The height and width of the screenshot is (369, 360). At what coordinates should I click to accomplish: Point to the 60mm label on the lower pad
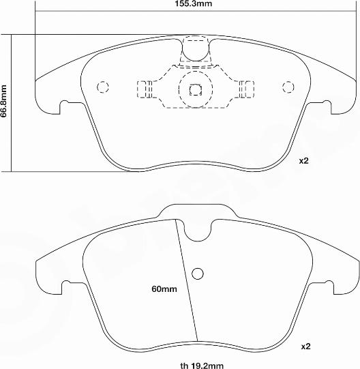(164, 289)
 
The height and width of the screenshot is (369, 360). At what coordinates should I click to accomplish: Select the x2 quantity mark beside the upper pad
(304, 162)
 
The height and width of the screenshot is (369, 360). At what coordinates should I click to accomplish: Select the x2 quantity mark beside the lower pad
(305, 346)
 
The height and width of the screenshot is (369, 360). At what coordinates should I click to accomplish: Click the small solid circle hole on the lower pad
(198, 274)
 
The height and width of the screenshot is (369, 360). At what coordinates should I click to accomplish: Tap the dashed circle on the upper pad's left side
(104, 87)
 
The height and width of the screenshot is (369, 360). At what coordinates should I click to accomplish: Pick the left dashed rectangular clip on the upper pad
(144, 88)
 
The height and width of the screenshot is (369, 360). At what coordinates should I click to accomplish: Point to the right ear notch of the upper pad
(323, 106)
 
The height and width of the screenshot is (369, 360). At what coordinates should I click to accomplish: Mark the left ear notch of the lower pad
(67, 284)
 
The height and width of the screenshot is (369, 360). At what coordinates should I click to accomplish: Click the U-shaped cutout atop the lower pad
(198, 231)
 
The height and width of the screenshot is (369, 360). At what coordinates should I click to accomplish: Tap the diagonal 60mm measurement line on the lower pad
(187, 280)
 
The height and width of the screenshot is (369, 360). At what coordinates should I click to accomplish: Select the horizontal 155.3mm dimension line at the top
(102, 12)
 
